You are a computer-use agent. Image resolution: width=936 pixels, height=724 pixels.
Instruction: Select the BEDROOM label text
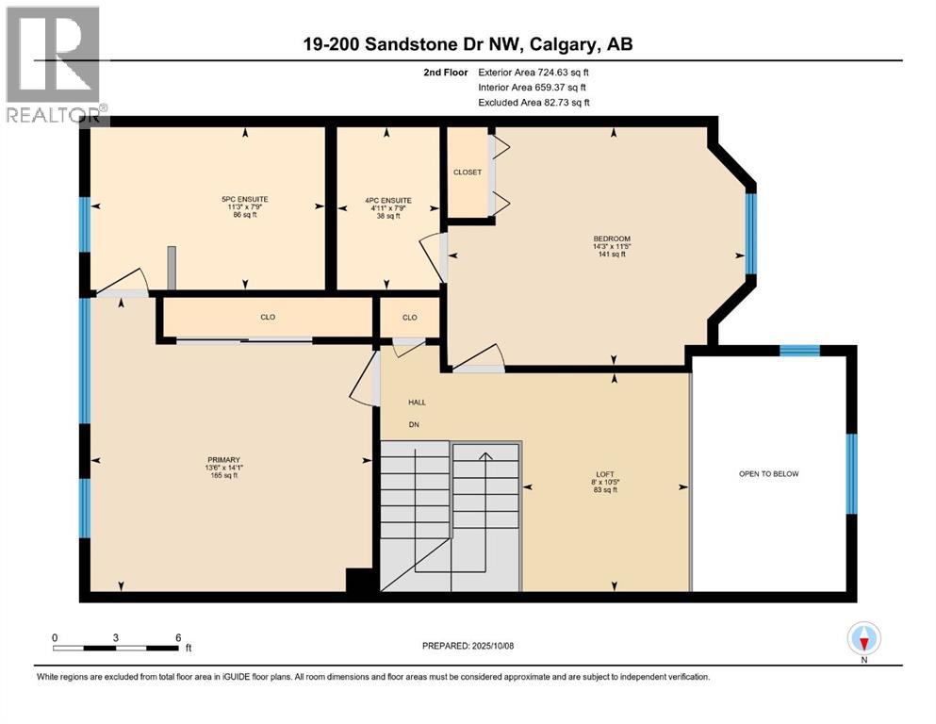(x=611, y=239)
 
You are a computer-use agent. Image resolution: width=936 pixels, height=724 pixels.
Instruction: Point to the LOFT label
(x=604, y=473)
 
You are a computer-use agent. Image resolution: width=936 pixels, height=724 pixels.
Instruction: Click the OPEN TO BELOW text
(x=768, y=473)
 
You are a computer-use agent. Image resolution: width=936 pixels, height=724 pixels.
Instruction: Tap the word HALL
(x=417, y=403)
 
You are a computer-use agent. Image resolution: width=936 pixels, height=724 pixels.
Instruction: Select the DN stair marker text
(x=413, y=424)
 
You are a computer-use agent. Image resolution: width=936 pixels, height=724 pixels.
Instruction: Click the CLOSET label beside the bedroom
(x=467, y=173)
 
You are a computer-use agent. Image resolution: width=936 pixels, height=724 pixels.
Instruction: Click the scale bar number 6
(x=178, y=637)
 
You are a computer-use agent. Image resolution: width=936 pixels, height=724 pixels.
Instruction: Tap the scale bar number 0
(x=55, y=637)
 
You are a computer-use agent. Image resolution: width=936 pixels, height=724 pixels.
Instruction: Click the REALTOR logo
(x=54, y=64)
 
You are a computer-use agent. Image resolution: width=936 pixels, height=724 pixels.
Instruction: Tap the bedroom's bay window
(x=751, y=233)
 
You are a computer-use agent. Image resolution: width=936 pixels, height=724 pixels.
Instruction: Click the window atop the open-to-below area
(x=799, y=351)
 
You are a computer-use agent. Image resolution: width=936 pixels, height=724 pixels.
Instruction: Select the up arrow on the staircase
(x=485, y=457)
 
